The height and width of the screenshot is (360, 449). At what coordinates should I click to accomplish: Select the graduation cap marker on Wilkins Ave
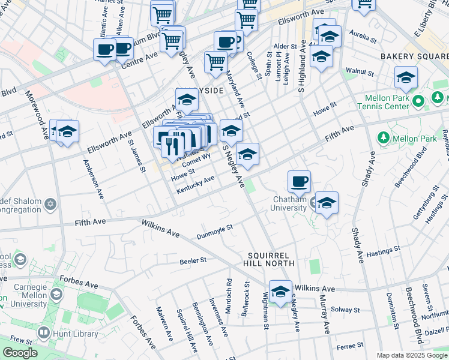point(280,292)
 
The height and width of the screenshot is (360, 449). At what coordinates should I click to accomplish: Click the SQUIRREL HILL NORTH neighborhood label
point(270,259)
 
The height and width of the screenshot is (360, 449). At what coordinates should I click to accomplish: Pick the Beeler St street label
point(193,261)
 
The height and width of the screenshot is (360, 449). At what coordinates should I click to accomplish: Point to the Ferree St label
point(346,346)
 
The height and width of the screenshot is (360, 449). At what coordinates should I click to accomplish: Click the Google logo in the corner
point(20,353)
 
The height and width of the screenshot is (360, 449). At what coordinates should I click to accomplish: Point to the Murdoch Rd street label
point(229,292)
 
